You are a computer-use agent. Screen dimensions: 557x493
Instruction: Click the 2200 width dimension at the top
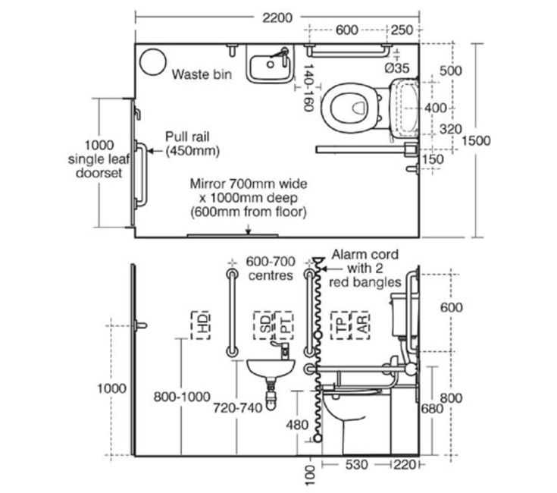pyautogui.click(x=277, y=17)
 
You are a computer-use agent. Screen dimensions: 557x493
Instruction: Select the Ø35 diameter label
pyautogui.click(x=397, y=68)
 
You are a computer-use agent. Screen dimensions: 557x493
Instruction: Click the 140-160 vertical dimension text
pyautogui.click(x=309, y=87)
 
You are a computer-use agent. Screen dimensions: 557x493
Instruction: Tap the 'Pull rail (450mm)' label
pyautogui.click(x=192, y=144)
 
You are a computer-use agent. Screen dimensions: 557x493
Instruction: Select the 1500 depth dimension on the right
pyautogui.click(x=476, y=141)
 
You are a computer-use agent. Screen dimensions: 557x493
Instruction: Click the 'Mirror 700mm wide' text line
pyautogui.click(x=249, y=184)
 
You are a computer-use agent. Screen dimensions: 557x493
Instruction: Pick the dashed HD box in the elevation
pyautogui.click(x=201, y=325)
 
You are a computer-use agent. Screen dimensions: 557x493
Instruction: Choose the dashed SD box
pyautogui.click(x=263, y=325)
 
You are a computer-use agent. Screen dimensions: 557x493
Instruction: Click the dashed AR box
pyautogui.click(x=360, y=325)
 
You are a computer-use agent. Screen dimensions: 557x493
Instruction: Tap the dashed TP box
pyautogui.click(x=340, y=325)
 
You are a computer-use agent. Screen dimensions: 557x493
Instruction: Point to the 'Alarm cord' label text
pyautogui.click(x=365, y=255)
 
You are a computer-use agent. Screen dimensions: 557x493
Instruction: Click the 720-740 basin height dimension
pyautogui.click(x=237, y=408)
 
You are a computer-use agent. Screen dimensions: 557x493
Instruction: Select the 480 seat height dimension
pyautogui.click(x=297, y=425)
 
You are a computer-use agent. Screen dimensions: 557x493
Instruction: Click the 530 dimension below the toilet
pyautogui.click(x=356, y=465)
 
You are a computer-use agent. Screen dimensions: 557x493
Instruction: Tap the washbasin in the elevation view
pyautogui.click(x=271, y=369)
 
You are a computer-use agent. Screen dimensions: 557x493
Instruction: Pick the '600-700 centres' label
pyautogui.click(x=271, y=268)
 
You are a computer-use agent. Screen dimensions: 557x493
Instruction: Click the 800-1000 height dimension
pyautogui.click(x=182, y=397)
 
